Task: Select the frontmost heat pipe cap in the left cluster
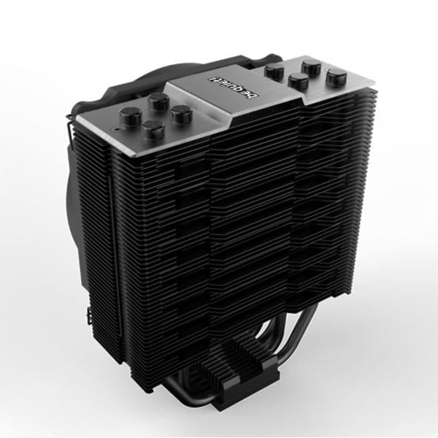tap(152, 130)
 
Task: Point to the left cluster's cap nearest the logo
tap(180, 114)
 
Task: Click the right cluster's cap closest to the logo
tap(276, 71)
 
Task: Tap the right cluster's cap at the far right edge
tap(335, 75)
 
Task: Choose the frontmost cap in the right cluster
tap(297, 80)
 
